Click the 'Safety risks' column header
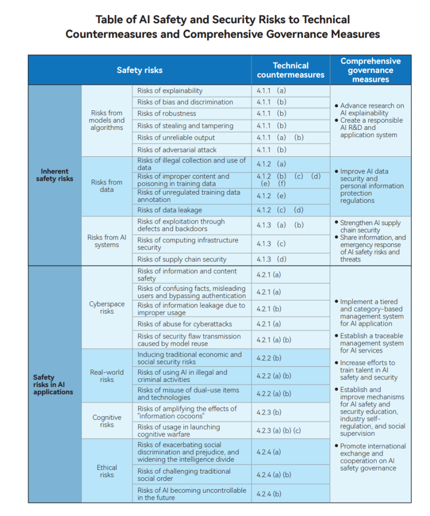(139, 70)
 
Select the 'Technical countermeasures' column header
(291, 70)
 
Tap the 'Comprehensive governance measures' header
(370, 70)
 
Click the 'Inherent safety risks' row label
(54, 175)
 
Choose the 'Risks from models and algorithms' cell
(107, 120)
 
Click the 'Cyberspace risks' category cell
(107, 307)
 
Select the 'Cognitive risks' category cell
(107, 421)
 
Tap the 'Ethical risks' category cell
(107, 471)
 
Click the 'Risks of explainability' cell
(170, 91)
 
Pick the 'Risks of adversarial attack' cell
(177, 150)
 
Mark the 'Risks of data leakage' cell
(169, 210)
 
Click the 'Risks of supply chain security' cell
(182, 259)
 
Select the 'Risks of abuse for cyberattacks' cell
(184, 324)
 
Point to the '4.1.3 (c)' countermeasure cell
(271, 244)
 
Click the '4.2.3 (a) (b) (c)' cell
(279, 430)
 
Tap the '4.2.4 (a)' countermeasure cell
(269, 452)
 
